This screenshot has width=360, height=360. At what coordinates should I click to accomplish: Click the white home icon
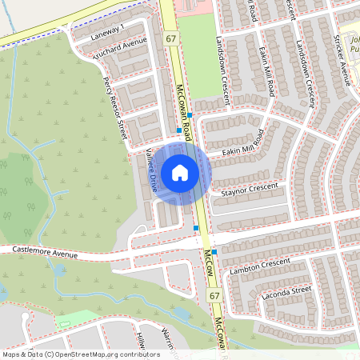pyautogui.click(x=180, y=172)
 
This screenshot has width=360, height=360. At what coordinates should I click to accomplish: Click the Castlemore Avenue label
pyautogui.click(x=45, y=254)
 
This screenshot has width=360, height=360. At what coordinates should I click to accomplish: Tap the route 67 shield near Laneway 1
pyautogui.click(x=170, y=38)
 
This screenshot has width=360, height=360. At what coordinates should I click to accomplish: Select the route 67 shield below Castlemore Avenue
pyautogui.click(x=214, y=296)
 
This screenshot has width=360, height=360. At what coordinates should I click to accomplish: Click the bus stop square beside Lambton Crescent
pyautogui.click(x=214, y=251)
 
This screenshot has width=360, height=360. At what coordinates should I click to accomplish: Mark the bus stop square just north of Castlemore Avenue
pyautogui.click(x=196, y=228)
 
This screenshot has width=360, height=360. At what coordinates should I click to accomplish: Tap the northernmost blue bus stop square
pyautogui.click(x=190, y=116)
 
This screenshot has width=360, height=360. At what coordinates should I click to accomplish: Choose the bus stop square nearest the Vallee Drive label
pyautogui.click(x=178, y=130)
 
